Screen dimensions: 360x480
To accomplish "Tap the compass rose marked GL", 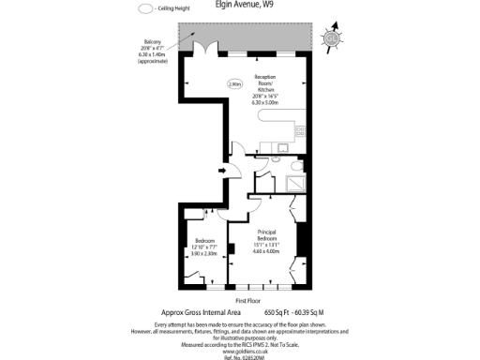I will [x=329, y=38].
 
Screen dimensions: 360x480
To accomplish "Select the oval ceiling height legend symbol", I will [x=145, y=8].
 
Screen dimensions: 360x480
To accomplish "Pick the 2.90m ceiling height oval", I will [x=234, y=83].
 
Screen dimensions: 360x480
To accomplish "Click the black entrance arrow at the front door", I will [x=220, y=171].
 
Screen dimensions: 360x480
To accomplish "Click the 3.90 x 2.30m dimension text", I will [x=204, y=253].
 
